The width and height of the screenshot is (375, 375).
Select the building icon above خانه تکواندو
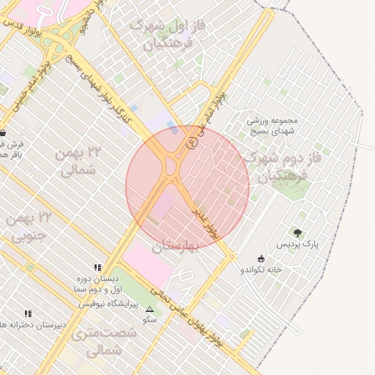[261, 258]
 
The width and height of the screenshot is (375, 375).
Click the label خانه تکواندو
[261, 269]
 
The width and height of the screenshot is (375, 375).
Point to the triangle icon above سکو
[150, 309]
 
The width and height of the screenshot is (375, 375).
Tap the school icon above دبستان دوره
[97, 268]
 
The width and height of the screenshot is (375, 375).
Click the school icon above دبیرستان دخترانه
[28, 313]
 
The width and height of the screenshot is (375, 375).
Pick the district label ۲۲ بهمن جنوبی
[31, 226]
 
